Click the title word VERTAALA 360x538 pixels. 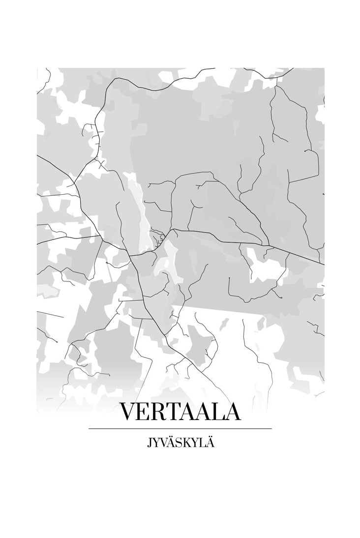[x=180, y=412]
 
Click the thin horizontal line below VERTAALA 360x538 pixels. [x=180, y=429]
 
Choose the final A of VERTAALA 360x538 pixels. [x=233, y=412]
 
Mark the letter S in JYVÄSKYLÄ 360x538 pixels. [x=179, y=443]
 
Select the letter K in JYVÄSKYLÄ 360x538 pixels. [x=186, y=443]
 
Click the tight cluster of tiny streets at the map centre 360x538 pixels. [x=158, y=238]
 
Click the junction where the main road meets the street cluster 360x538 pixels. [x=172, y=229]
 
